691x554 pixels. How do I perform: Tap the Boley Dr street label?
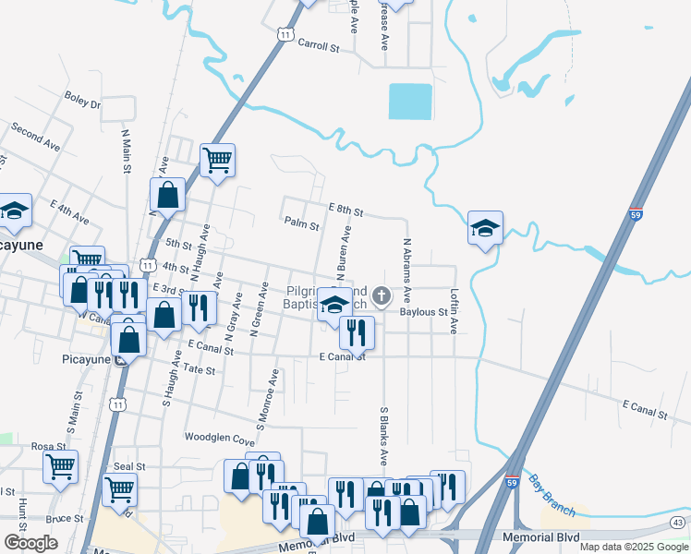(x=82, y=100)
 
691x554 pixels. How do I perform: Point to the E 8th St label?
(x=345, y=211)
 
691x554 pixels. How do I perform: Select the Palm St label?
(x=301, y=223)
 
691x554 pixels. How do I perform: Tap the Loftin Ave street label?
(x=454, y=314)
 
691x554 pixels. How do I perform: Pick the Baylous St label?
(x=423, y=312)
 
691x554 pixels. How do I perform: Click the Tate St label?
(x=199, y=369)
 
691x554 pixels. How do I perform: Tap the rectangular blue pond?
(x=410, y=102)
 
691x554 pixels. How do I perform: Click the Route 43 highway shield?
(x=680, y=524)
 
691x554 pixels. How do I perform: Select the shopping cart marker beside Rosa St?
(x=61, y=467)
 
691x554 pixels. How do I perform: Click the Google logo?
(x=30, y=543)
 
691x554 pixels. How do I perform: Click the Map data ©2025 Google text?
(x=633, y=547)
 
